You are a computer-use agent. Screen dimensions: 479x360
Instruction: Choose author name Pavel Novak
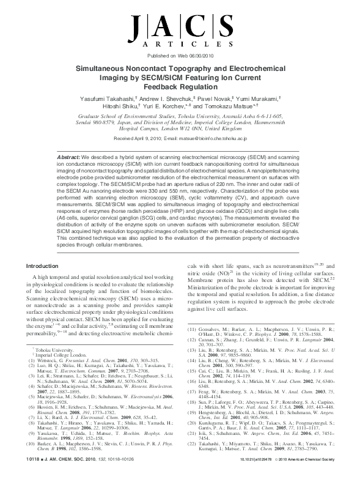(x=221, y=98)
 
